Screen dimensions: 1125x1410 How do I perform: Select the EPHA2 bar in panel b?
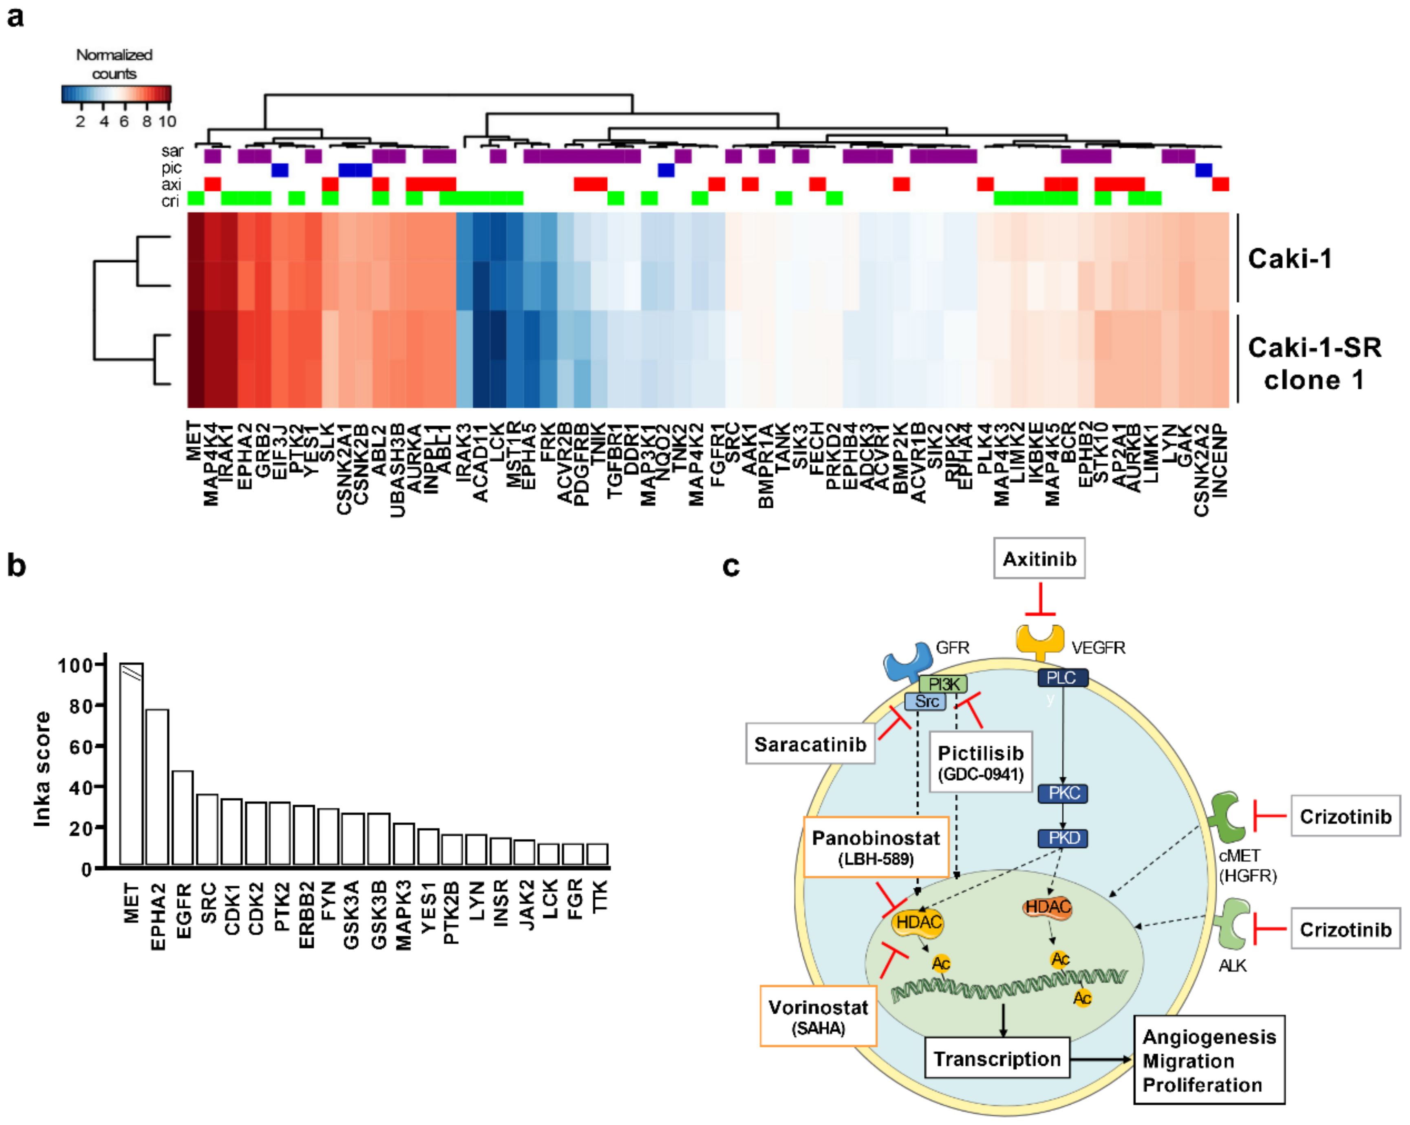coord(157,787)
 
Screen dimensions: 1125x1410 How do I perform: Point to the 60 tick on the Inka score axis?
coord(82,746)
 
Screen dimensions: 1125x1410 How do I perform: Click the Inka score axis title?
coord(42,769)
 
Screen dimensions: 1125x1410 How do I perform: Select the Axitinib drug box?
coord(1039,559)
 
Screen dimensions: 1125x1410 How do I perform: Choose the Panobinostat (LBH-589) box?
coord(875,847)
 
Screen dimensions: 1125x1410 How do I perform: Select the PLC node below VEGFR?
coord(1062,678)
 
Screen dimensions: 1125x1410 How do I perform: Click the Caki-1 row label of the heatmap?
coord(1289,259)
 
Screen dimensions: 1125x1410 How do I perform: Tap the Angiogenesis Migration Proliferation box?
coord(1209,1060)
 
